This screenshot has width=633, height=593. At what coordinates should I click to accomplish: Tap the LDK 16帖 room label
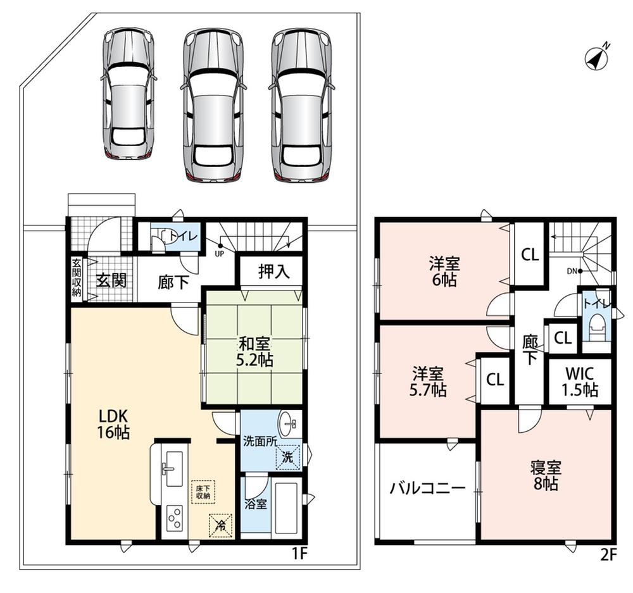113,424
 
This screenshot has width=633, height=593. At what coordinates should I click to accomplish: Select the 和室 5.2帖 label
254,352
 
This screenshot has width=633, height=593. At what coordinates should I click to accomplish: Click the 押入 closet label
274,272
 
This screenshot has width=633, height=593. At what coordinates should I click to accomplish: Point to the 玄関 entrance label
111,280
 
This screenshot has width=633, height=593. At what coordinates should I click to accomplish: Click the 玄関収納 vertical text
77,278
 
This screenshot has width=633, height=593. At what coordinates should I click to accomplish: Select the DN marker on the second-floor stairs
572,272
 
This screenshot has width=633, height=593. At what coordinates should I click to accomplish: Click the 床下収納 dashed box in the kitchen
203,492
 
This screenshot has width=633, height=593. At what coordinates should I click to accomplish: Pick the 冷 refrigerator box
220,525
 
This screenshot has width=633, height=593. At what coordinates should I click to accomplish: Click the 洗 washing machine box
288,457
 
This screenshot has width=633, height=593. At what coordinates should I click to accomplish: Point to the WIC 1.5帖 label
580,382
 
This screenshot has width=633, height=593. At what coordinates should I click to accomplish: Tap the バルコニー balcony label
427,489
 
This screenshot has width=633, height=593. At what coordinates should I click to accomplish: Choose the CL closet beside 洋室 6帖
530,254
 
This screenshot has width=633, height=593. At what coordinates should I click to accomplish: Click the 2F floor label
608,556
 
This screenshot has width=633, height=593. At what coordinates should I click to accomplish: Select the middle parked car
213,106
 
